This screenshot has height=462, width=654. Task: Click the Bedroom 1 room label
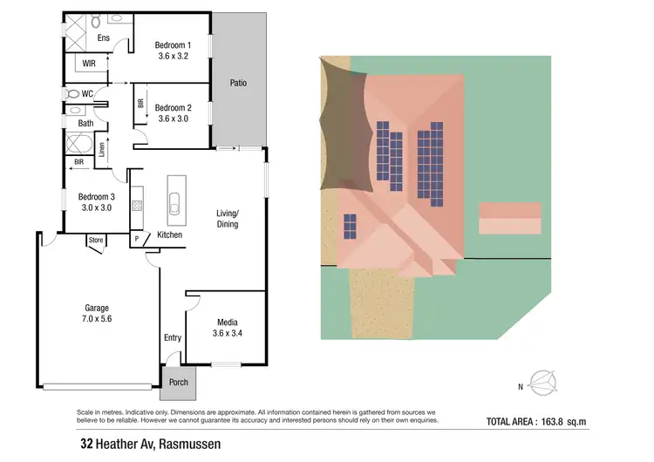(173, 44)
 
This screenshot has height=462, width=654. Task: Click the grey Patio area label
(238, 84)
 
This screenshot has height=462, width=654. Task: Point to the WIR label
(89, 64)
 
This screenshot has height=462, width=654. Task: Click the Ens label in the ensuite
(104, 37)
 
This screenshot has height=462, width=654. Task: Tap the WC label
(86, 93)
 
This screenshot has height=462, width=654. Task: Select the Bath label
(85, 123)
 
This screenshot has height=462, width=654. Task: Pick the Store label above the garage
(96, 240)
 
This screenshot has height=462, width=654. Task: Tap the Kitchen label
(169, 235)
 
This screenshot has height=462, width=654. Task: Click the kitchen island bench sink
(174, 207)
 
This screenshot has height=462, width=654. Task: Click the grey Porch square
(179, 383)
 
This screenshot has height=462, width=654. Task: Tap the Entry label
(173, 337)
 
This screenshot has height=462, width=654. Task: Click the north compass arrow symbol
(546, 381)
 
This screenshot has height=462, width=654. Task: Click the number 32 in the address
(87, 444)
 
